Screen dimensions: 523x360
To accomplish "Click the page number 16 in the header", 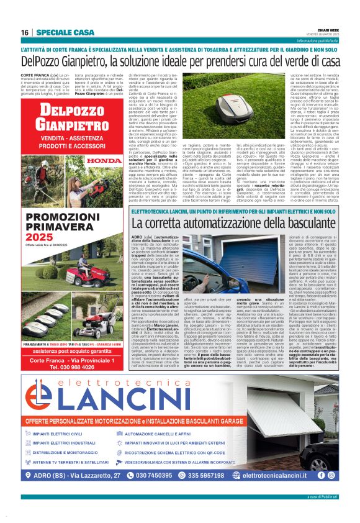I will (x=25, y=32).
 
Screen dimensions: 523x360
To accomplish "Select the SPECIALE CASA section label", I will (x=65, y=32).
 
